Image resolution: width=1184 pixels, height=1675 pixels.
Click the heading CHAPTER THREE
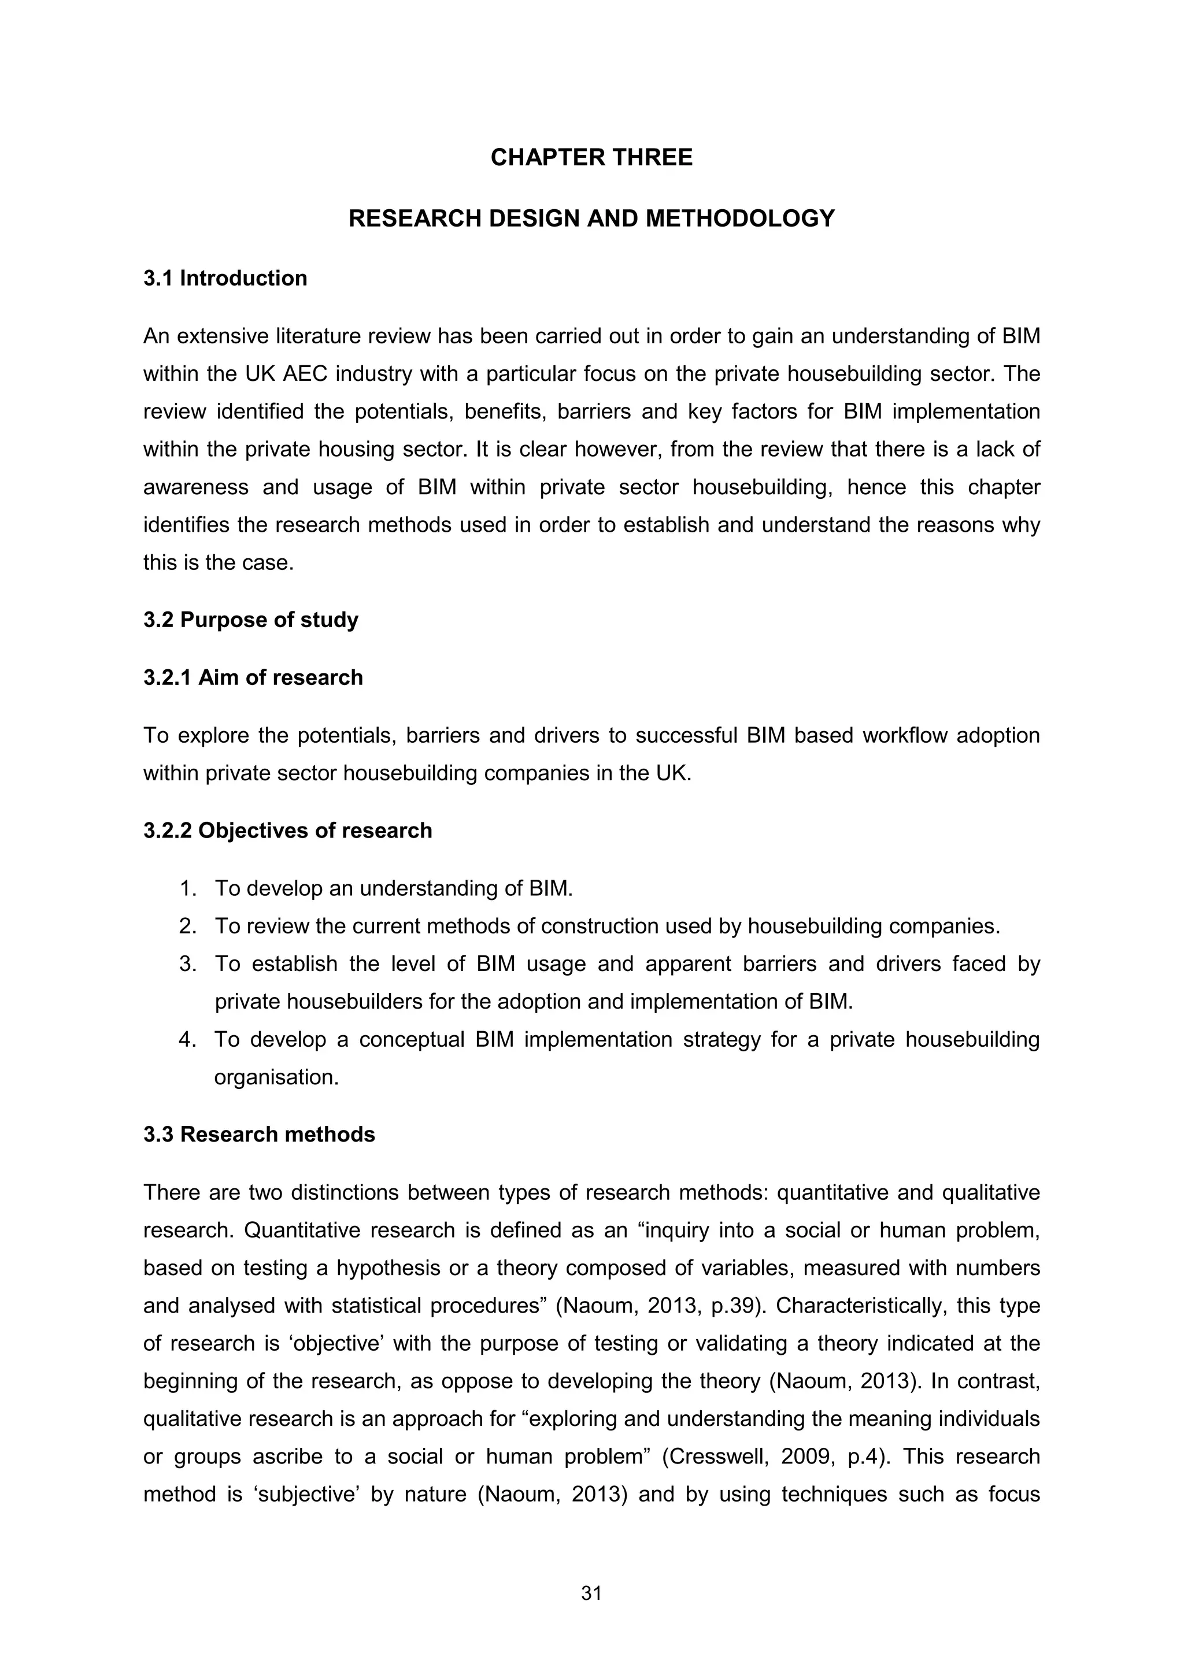(591, 158)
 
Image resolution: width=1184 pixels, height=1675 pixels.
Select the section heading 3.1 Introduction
(225, 278)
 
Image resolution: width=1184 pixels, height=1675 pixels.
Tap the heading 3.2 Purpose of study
(251, 620)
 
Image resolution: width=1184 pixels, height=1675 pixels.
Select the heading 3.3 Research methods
(259, 1135)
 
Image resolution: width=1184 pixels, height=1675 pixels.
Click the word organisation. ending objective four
(276, 1077)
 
